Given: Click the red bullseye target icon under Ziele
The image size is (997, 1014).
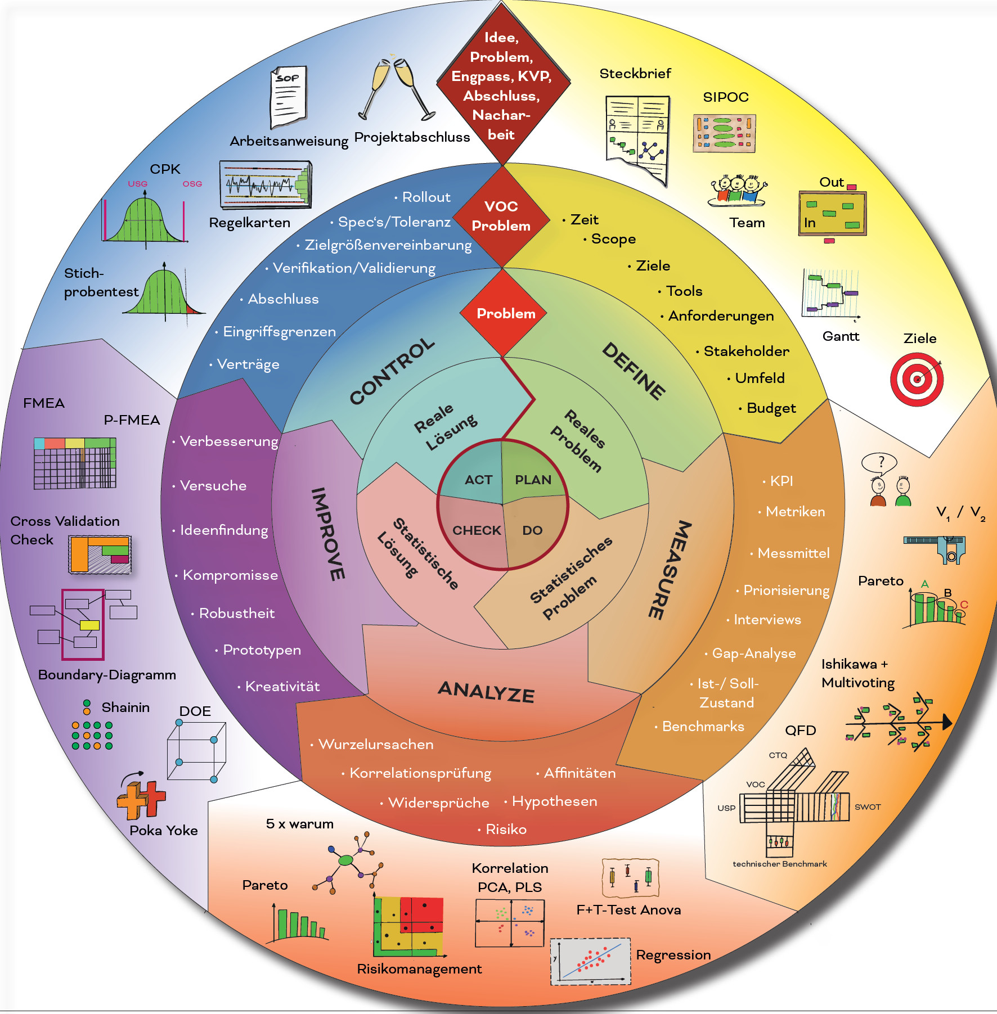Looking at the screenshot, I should (917, 379).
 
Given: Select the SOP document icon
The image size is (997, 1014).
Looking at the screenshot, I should (289, 97).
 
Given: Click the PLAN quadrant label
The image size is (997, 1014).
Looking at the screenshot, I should (533, 480).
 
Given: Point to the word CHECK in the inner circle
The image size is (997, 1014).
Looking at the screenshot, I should (477, 530).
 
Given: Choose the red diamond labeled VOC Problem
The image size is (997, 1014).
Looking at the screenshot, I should (501, 216).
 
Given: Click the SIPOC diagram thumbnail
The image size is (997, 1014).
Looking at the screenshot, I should (724, 133).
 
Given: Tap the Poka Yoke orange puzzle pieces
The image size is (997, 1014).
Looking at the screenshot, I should (141, 799).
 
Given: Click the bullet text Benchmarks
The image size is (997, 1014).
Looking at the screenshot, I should (703, 726).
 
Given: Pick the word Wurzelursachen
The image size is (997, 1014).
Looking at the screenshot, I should (376, 744).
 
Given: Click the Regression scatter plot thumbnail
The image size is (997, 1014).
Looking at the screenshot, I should (590, 961).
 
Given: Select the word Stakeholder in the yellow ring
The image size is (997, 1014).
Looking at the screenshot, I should (746, 351).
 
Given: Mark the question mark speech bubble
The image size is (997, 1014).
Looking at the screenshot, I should (881, 463).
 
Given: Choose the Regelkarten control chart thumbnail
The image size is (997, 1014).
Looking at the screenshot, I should (265, 185).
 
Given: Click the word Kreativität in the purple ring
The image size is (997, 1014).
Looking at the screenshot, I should (282, 686).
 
